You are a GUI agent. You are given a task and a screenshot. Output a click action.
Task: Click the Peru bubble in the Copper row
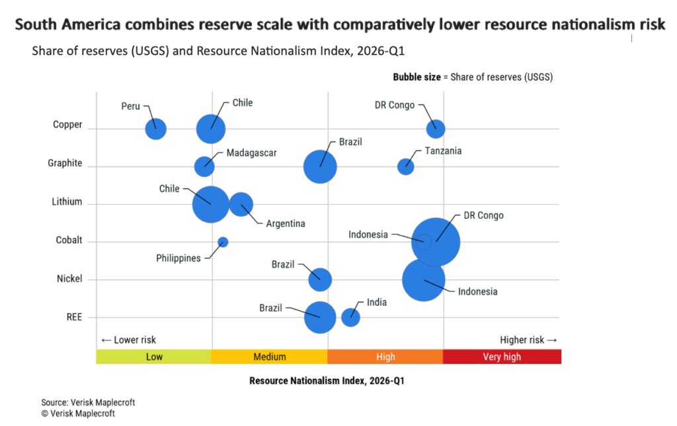[155, 129]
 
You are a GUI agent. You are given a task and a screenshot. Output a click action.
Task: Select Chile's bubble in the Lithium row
[211, 204]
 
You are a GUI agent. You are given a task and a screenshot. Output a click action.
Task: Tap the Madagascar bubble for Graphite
[204, 166]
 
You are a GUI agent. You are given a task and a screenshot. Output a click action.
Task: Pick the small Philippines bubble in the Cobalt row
[223, 242]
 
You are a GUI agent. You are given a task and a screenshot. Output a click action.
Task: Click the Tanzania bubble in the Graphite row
[405, 166]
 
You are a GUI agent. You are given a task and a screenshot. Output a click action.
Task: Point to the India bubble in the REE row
[350, 317]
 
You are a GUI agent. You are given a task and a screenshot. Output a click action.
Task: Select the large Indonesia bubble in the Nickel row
[424, 279]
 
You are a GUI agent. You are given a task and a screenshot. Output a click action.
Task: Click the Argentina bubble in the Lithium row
[241, 204]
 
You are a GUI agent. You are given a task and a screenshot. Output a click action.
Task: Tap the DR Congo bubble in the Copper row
[435, 129]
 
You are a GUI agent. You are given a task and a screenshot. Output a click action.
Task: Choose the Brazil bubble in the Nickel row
[320, 279]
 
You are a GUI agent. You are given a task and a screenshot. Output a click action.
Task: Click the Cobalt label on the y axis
[69, 240]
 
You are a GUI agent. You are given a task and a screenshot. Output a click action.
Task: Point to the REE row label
[74, 317]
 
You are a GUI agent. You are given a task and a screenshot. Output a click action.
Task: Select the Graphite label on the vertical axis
[65, 163]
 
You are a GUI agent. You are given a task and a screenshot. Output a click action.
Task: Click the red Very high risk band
[502, 357]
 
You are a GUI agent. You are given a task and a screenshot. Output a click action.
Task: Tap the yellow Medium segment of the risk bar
[270, 357]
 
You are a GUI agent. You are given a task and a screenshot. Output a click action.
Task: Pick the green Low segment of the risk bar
[154, 357]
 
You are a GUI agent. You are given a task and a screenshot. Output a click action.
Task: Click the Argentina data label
[286, 224]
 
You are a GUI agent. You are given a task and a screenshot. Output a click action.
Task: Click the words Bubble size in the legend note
[417, 77]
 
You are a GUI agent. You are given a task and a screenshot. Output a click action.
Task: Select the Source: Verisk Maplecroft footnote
[83, 402]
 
